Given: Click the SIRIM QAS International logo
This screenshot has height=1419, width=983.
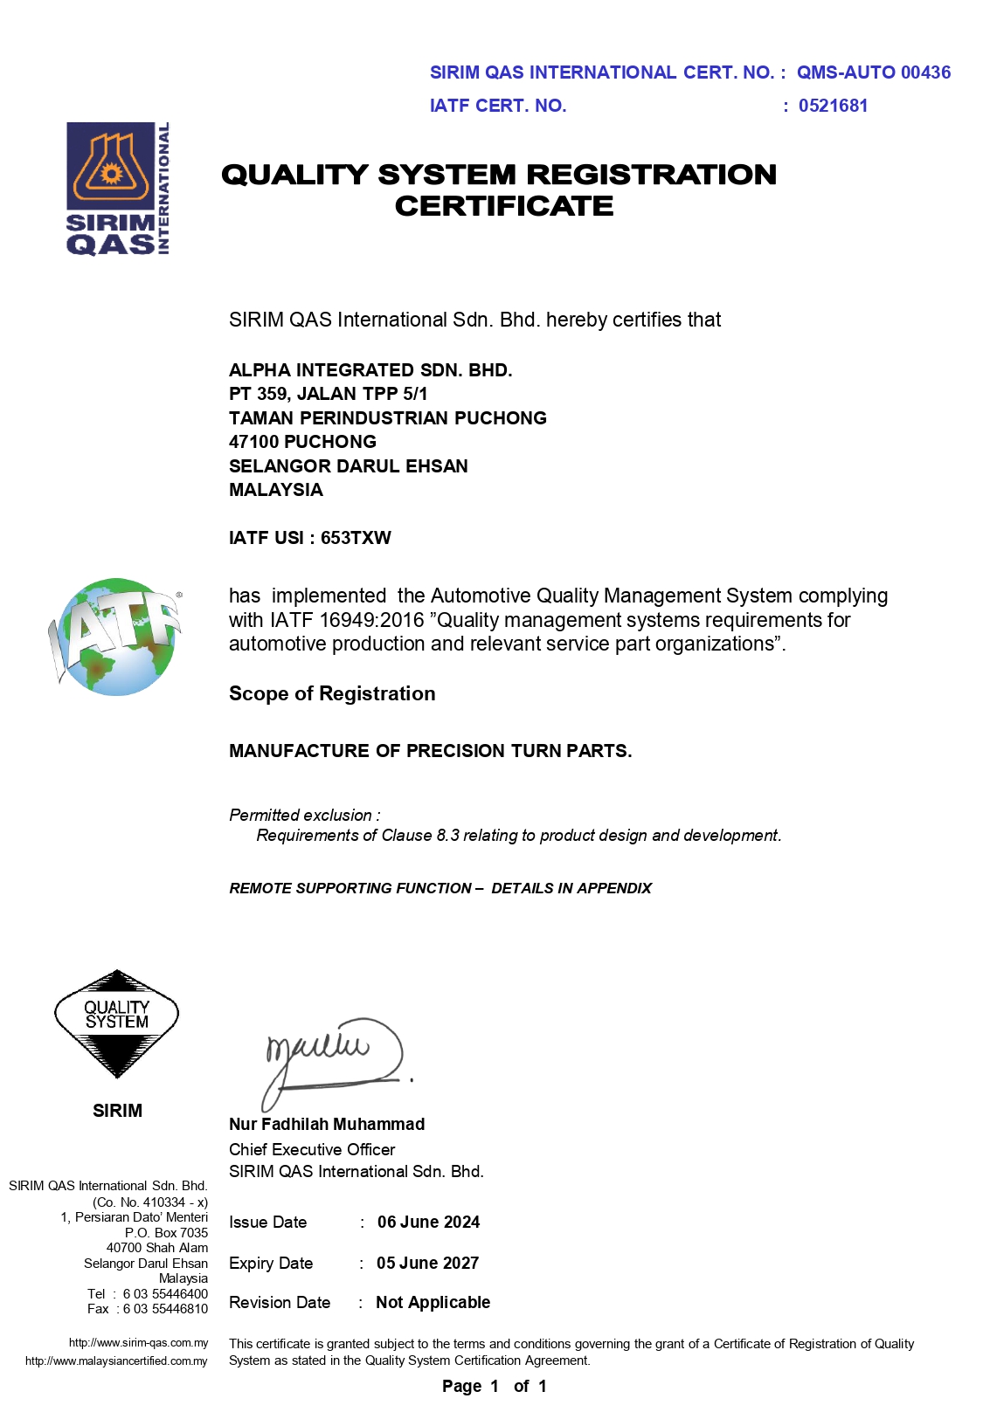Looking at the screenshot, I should click(118, 189).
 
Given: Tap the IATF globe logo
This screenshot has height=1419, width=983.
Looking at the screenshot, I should click(116, 637).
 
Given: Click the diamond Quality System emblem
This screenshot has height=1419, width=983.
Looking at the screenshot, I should click(116, 1023).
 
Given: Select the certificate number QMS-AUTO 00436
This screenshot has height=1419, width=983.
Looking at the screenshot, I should click(873, 72).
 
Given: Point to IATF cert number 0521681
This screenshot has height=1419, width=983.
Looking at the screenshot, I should click(833, 106).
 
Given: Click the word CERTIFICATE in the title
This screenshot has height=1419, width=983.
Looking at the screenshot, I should click(504, 206).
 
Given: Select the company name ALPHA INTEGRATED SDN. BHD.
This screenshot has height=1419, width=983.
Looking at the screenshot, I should click(370, 370).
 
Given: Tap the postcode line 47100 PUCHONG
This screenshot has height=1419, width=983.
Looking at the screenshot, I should click(302, 442).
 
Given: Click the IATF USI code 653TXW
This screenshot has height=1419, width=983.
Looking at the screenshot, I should click(356, 538).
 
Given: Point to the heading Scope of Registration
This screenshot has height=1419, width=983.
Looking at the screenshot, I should click(332, 693).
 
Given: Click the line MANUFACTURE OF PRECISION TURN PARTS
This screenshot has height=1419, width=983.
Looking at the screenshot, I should click(430, 751).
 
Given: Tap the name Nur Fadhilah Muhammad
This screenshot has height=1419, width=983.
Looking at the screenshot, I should click(327, 1124).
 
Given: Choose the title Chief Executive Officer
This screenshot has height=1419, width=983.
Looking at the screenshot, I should click(312, 1149).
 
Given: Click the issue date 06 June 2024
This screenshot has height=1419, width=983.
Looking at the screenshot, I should click(428, 1222).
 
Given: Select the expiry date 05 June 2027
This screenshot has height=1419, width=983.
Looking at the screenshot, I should click(427, 1263).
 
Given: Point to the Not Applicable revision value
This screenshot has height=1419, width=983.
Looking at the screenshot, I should click(433, 1302).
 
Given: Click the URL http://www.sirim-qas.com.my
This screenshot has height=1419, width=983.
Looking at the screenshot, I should click(138, 1342).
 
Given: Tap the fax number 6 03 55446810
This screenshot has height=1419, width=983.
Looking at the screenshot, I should click(165, 1309).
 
